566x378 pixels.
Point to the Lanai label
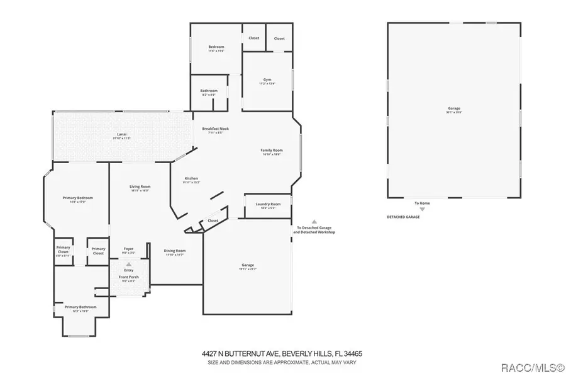coord(122,135)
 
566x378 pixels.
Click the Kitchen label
coord(191,180)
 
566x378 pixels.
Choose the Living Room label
coord(140,187)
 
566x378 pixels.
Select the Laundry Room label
coord(267,205)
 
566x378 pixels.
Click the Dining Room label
coord(175,251)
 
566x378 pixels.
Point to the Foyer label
coord(128,249)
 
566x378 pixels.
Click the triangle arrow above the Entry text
coord(128,264)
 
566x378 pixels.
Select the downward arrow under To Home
coord(422,209)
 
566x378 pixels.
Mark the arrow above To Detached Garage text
coord(314,221)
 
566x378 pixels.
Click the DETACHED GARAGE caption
coord(403,217)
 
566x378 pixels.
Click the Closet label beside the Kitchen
coord(213,220)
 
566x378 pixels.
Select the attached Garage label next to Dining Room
coord(248,266)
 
